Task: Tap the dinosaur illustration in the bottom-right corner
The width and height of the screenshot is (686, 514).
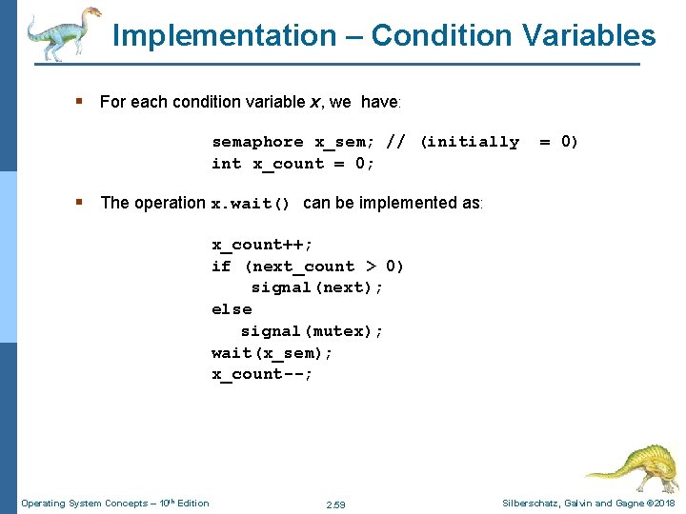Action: tap(630, 466)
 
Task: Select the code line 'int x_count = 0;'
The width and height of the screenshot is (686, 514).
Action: tap(293, 164)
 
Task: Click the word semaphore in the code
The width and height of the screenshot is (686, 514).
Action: tap(257, 142)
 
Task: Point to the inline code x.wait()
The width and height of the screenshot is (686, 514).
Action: tap(250, 204)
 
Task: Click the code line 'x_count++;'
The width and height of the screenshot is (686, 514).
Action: tap(262, 245)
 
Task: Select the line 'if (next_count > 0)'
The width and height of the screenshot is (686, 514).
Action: tap(308, 267)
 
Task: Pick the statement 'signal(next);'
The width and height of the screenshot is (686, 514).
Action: tap(317, 287)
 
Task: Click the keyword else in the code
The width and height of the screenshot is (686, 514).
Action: tap(232, 309)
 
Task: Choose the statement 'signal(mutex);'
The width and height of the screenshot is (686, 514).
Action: tap(312, 331)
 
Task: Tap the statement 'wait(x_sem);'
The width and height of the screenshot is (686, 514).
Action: tap(272, 353)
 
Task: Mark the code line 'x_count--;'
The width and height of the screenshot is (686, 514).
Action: tap(262, 374)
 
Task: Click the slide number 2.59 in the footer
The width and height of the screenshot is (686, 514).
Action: tap(335, 504)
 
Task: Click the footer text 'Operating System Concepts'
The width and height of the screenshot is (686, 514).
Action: tap(86, 503)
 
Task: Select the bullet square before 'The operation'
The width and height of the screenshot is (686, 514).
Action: tap(86, 203)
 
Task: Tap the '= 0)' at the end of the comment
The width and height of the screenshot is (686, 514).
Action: tap(558, 142)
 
